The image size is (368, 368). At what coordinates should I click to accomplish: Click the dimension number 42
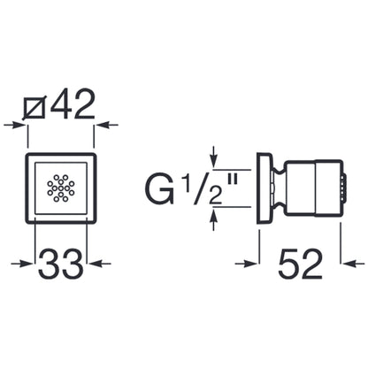tap(73, 103)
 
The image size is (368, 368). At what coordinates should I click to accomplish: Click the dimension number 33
tap(61, 264)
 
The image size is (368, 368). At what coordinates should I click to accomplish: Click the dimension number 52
tap(300, 264)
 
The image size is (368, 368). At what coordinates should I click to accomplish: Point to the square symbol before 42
tap(34, 107)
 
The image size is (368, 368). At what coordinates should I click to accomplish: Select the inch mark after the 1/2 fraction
tap(233, 180)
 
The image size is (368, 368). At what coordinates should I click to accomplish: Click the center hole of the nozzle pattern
tap(61, 188)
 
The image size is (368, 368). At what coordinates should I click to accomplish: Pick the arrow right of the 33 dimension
tap(99, 264)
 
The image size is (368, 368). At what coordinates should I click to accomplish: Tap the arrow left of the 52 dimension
tap(247, 264)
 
